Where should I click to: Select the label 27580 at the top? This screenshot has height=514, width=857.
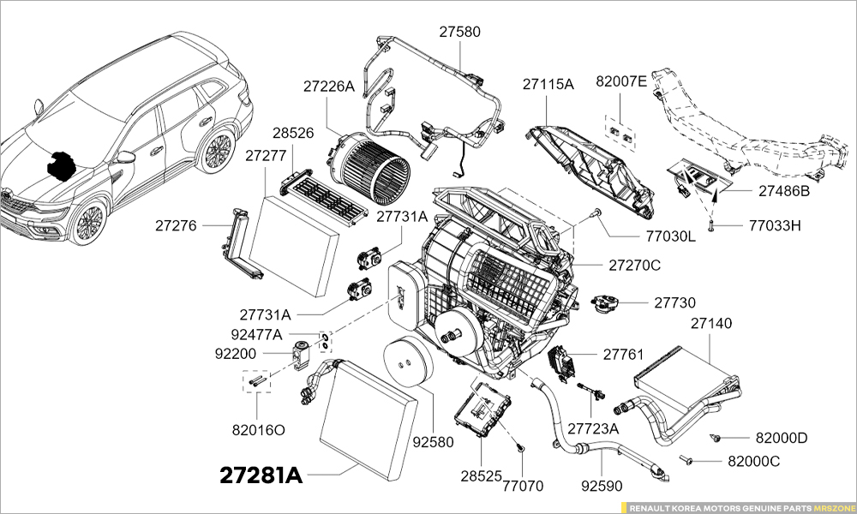click(x=460, y=32)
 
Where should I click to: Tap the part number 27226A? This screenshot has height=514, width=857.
click(x=328, y=87)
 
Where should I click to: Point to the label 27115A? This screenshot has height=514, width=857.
click(x=548, y=83)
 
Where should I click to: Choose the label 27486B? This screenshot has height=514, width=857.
click(x=783, y=191)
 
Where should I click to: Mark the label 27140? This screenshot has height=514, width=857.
click(x=711, y=324)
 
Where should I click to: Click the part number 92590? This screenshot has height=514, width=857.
click(x=602, y=486)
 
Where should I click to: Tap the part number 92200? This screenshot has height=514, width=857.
click(x=235, y=353)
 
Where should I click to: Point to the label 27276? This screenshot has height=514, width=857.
click(x=177, y=226)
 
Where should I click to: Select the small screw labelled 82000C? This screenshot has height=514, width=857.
click(x=687, y=460)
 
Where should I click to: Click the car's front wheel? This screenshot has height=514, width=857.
click(x=87, y=222)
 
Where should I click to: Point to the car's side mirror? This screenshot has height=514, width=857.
click(x=126, y=157)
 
